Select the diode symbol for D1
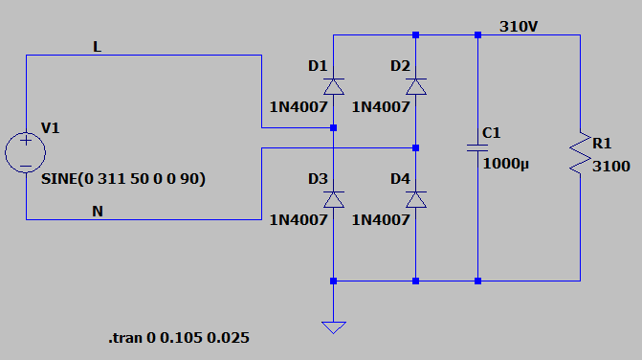[334, 86]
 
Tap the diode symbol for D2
[416, 86]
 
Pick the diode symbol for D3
[334, 199]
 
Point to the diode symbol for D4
[416, 199]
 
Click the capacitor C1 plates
[477, 147]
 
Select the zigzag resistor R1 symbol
[581, 153]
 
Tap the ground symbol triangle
[334, 327]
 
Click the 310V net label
[519, 27]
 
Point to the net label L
[97, 47]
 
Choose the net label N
[98, 212]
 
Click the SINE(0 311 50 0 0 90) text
[123, 179]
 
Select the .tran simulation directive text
[179, 338]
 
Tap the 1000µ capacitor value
[505, 164]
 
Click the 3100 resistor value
[610, 167]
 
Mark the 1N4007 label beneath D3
[299, 220]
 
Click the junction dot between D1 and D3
[334, 127]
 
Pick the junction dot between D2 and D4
[415, 147]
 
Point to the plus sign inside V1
[26, 141]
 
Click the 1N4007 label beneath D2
[381, 107]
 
